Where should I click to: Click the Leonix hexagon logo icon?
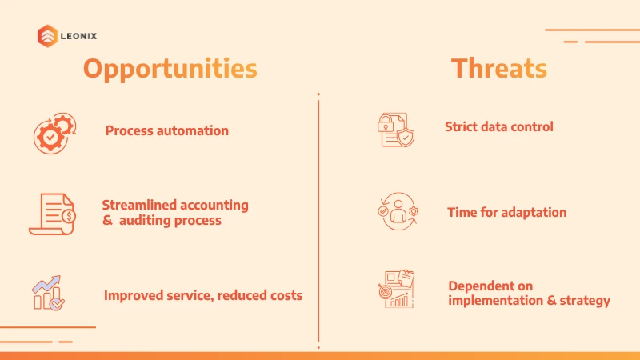pos(47,36)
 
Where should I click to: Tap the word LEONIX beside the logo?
pos(78,36)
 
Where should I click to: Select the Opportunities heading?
pos(170,69)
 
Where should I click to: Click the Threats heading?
pos(498,68)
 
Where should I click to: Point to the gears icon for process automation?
pos(54,134)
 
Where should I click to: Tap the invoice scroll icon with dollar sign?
pos(52,214)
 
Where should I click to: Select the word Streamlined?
pos(138,205)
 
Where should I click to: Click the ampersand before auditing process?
pos(107,221)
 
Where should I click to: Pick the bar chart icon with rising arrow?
pos(48,293)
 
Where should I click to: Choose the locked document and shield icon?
pos(396,130)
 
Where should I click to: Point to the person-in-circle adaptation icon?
pos(398,211)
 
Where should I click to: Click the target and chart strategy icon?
pos(396,289)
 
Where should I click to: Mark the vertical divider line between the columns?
pos(318,221)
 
